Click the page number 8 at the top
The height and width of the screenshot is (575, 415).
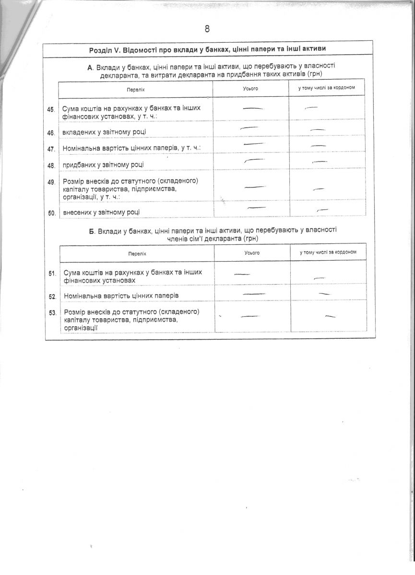(x=207, y=29)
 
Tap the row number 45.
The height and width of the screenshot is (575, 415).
(x=51, y=110)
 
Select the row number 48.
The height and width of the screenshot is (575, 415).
(x=51, y=165)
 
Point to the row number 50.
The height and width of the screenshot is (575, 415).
(x=52, y=212)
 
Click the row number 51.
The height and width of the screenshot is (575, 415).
(x=53, y=273)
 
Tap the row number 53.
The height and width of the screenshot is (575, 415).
(x=53, y=312)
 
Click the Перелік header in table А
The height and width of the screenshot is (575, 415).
(x=136, y=89)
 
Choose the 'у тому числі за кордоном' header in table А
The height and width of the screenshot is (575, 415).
(x=324, y=88)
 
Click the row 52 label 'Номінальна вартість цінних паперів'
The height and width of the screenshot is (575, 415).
(x=121, y=296)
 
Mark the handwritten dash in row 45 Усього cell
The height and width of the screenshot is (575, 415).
(x=253, y=109)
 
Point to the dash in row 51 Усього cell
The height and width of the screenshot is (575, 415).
(x=242, y=274)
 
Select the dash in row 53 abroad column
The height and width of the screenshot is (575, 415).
(x=330, y=316)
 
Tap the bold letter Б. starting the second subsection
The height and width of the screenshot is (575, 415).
(x=92, y=231)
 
